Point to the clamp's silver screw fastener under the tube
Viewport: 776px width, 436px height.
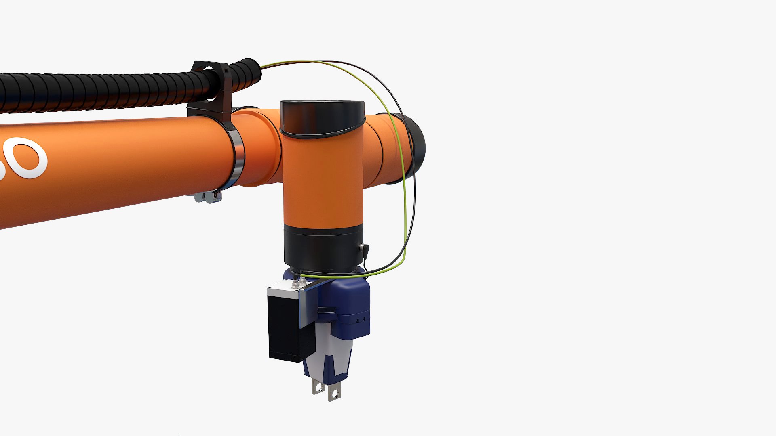[208, 197]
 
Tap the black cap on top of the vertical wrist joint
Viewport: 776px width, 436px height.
[322, 117]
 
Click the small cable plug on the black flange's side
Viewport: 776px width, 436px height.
[365, 249]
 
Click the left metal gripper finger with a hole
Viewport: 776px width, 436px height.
[318, 386]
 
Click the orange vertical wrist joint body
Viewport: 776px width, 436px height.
[322, 182]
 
